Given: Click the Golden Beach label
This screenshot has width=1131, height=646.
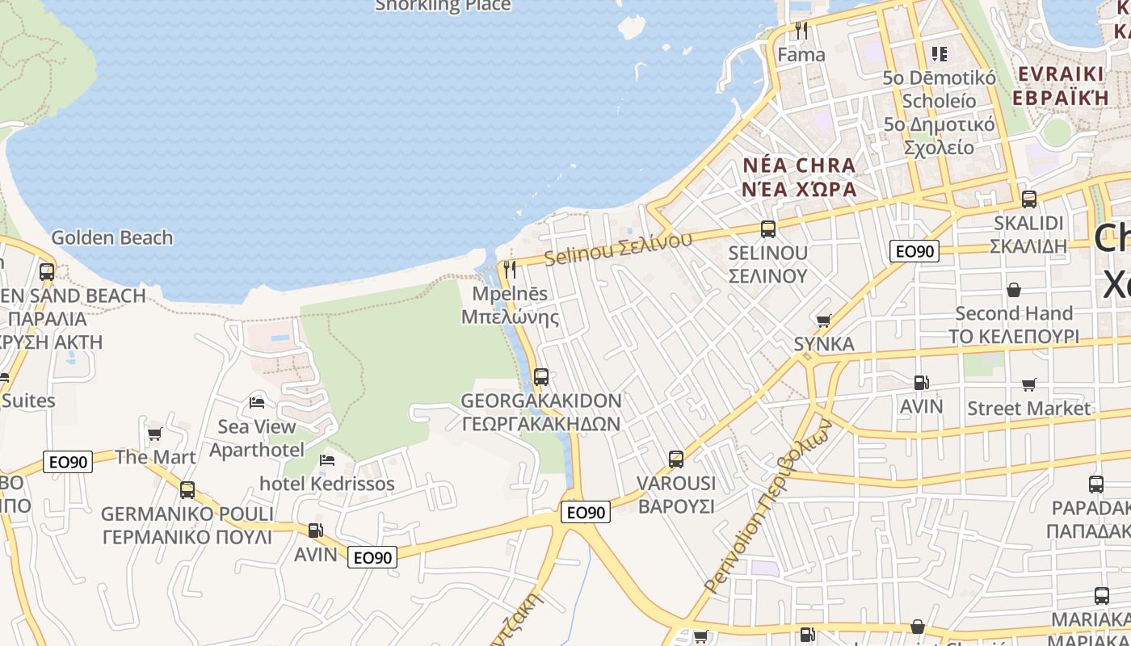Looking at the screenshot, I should pos(111,237).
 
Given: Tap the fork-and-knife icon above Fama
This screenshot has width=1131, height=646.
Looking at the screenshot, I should pos(801,31).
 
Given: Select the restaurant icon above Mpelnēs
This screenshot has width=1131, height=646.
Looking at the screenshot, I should pos(510,269).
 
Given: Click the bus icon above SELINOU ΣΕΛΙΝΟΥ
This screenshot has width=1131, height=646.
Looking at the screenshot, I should pos(767,229).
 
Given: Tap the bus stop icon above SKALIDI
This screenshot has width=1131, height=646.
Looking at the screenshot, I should pos(1028,199).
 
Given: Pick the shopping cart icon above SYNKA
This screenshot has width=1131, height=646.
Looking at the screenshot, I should pos(824,321).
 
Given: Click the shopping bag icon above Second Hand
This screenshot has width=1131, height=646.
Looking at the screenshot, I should pos(1014,289).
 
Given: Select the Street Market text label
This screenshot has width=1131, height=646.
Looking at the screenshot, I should pos(1028,408).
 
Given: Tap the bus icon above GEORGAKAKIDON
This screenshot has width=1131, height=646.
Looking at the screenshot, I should pos(541,376).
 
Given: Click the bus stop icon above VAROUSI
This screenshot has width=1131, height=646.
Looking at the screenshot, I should pos(676,459).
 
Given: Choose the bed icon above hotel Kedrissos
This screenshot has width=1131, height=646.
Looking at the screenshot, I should pos(327,459).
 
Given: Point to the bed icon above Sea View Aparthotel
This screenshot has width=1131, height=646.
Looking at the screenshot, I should pos(257,402).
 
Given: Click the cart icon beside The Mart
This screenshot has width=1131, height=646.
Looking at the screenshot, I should pos(154,434).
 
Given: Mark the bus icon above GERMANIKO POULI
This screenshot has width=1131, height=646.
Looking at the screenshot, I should pos(187,489).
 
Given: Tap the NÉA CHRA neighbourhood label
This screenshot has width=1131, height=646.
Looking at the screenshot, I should pos(798,166).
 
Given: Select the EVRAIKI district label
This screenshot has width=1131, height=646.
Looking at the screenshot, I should pos(1060,74).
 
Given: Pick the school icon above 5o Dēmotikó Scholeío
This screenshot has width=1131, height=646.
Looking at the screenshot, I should pos(939,54).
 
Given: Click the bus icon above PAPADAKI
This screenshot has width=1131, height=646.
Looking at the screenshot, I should pos(1096,484).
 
